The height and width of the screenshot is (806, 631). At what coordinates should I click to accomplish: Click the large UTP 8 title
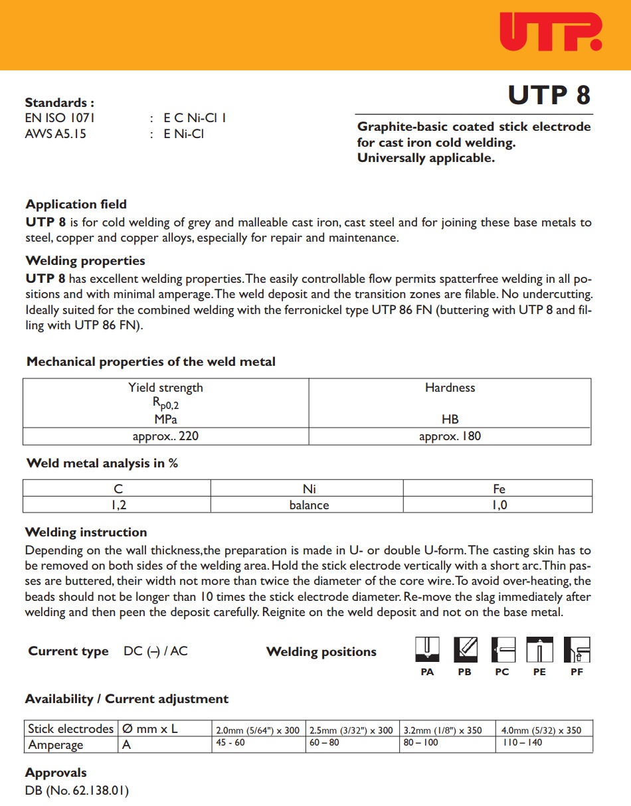click(x=549, y=96)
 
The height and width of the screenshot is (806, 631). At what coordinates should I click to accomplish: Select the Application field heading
click(x=76, y=204)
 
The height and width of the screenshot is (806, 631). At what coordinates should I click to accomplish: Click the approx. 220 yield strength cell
click(x=165, y=436)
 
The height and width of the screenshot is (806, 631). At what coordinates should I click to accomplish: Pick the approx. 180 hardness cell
click(x=450, y=436)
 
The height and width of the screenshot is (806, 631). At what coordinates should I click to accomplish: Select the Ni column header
click(x=309, y=489)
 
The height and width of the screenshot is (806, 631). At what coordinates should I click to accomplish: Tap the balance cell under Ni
click(x=309, y=505)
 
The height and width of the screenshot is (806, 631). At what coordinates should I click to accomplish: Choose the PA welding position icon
click(x=428, y=649)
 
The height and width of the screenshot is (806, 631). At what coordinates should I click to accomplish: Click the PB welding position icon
click(x=465, y=649)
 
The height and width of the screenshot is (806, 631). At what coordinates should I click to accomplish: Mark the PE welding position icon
click(x=539, y=649)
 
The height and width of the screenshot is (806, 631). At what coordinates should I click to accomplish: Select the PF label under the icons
click(x=577, y=672)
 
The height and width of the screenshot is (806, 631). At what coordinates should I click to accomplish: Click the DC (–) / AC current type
click(x=155, y=651)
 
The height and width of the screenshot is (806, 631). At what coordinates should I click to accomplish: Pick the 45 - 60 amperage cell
click(x=230, y=743)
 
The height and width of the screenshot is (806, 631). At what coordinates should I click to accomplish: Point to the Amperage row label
click(x=56, y=745)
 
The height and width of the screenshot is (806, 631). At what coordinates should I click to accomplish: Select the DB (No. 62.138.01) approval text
click(x=76, y=791)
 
